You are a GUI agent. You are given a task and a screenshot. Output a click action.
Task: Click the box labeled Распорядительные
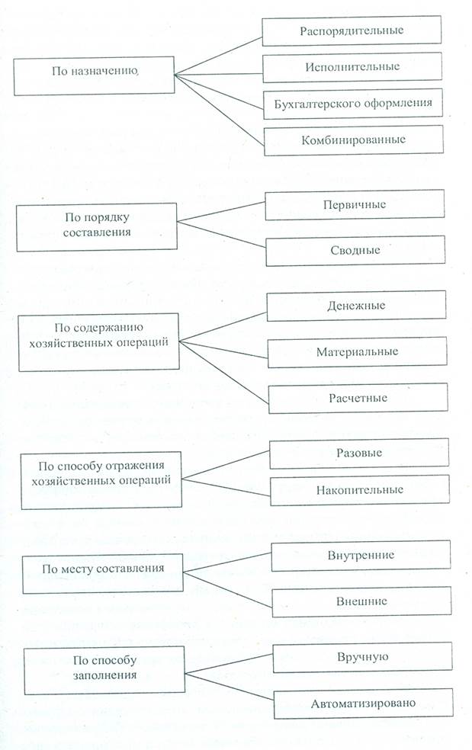pyautogui.click(x=352, y=30)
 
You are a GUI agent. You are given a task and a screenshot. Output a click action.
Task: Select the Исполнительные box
pyautogui.click(x=352, y=66)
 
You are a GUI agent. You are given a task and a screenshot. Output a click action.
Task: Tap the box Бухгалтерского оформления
pyautogui.click(x=352, y=102)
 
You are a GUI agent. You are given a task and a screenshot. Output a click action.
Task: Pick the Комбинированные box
pyautogui.click(x=352, y=139)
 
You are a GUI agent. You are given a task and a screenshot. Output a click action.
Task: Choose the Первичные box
pyautogui.click(x=355, y=205)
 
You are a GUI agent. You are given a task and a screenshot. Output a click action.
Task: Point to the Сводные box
pyautogui.click(x=355, y=249)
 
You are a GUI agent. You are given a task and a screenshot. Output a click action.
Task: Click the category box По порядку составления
pyautogui.click(x=96, y=227)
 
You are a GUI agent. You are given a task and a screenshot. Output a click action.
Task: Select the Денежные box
pyautogui.click(x=356, y=306)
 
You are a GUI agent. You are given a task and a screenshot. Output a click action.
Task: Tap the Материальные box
pyautogui.click(x=357, y=352)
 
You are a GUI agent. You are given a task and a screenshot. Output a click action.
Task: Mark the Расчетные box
pyautogui.click(x=358, y=398)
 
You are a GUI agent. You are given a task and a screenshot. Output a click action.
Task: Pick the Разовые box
pyautogui.click(x=358, y=453)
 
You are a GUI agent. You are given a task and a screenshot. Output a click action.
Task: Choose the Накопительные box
pyautogui.click(x=359, y=489)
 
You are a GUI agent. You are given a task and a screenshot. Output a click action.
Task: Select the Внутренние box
pyautogui.click(x=361, y=555)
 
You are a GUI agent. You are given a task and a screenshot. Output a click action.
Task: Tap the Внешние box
pyautogui.click(x=361, y=601)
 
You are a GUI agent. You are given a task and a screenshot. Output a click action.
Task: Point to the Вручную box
pyautogui.click(x=363, y=657)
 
